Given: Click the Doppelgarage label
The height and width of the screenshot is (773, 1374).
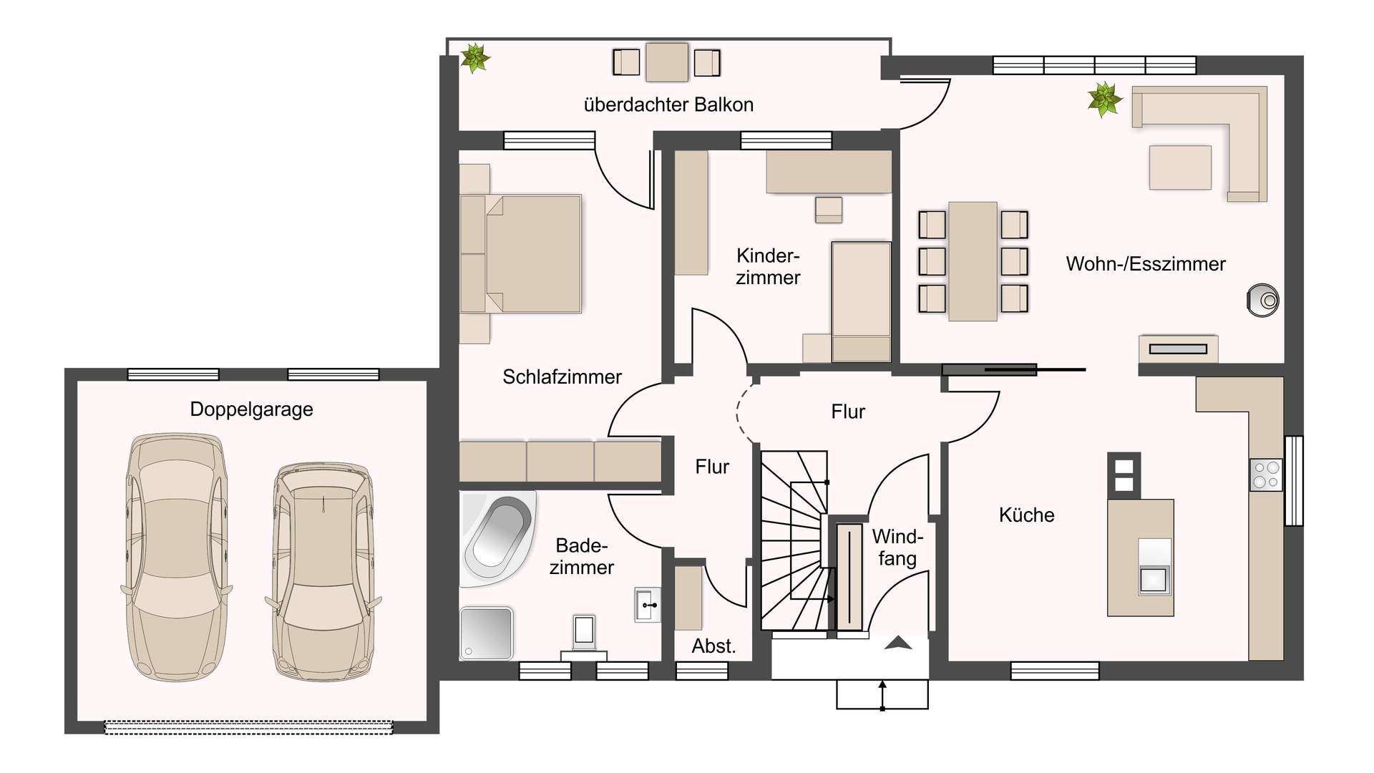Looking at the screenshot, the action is click(x=251, y=409).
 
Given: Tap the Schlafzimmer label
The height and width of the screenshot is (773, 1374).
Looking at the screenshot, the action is click(x=562, y=377).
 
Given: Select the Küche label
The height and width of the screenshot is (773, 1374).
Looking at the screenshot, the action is click(x=1026, y=515).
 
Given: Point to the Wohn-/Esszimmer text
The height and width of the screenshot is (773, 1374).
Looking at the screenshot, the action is click(x=1145, y=264).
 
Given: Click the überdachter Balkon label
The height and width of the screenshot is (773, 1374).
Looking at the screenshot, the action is click(x=668, y=104).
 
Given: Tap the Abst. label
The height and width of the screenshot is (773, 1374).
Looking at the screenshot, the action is click(x=713, y=646).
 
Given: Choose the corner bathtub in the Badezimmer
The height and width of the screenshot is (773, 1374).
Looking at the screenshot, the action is click(x=498, y=537).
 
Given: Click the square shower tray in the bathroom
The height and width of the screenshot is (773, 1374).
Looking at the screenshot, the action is click(x=487, y=633).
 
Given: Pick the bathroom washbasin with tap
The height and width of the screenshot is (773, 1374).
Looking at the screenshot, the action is click(x=648, y=606).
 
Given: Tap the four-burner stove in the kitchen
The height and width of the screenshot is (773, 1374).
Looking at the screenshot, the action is click(x=1267, y=475).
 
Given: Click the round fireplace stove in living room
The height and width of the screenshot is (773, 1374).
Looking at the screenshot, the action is click(x=1263, y=301).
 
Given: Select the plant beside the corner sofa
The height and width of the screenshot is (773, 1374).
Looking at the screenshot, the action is click(x=1104, y=99).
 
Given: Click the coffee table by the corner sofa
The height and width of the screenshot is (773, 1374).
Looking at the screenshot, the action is click(x=1180, y=168).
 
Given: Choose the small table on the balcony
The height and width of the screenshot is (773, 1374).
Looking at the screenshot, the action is click(x=667, y=62).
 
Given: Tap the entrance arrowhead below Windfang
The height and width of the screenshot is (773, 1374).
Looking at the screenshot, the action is click(x=898, y=643).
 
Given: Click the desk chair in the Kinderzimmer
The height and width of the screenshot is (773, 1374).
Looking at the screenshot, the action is click(x=829, y=209).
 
